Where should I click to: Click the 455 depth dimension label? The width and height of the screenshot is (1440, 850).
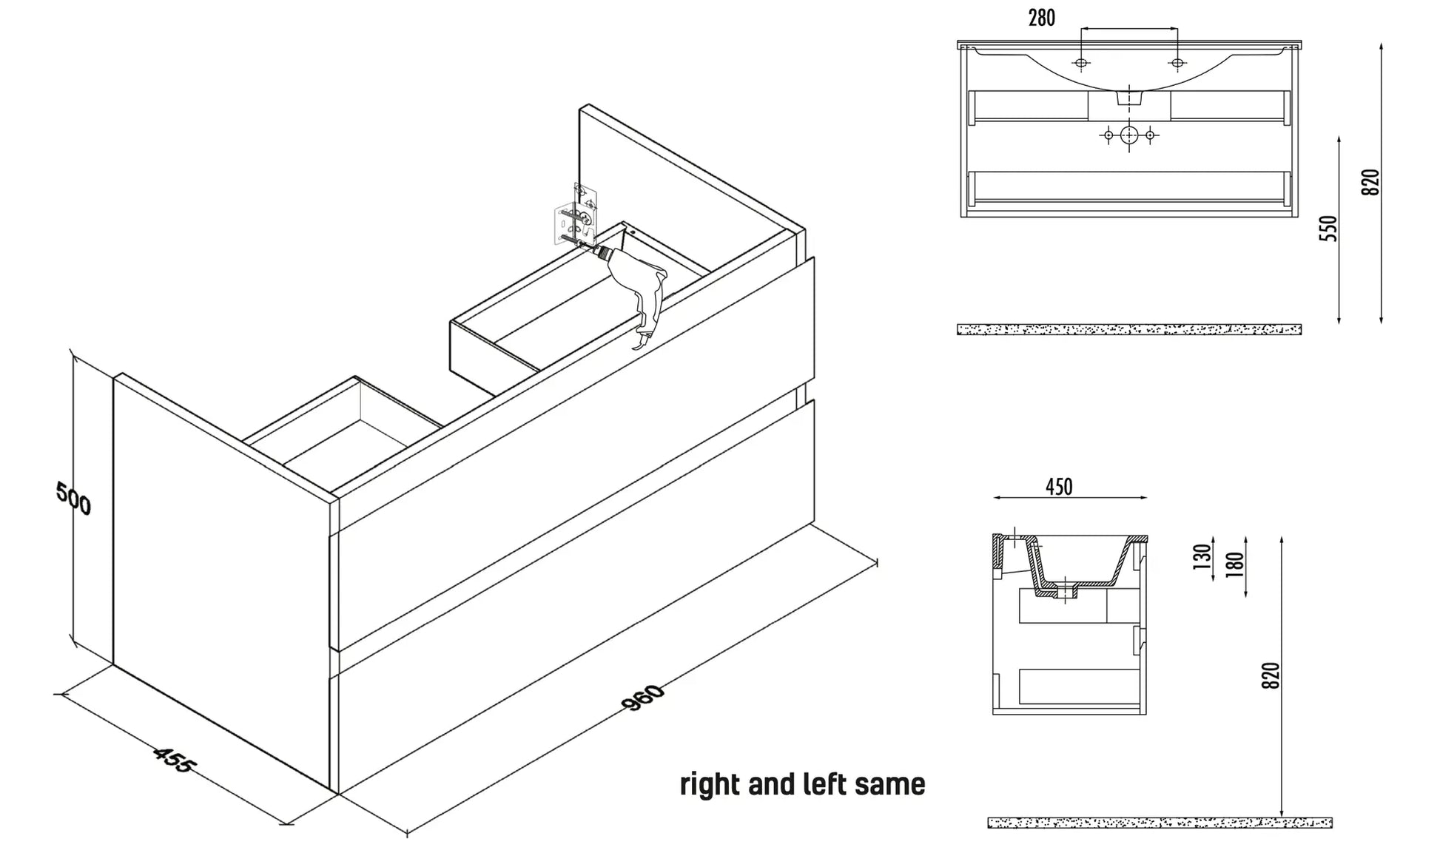pos(173,760)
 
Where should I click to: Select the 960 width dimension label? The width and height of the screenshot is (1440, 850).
pos(644,698)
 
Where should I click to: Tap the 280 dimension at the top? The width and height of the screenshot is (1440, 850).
pos(1041,18)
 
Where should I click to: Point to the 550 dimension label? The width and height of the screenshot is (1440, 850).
pos(1330,228)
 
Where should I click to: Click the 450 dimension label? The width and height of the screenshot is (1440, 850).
pos(1059,487)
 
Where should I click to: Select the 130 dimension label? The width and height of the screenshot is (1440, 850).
pos(1202,556)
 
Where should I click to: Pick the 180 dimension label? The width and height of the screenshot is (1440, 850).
pos(1235,564)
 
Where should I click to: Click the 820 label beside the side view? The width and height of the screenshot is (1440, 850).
pos(1270,675)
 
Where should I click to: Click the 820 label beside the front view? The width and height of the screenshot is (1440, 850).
pos(1370,182)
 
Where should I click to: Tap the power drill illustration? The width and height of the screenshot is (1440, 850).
pos(636,289)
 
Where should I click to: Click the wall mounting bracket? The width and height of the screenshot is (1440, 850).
pos(576,215)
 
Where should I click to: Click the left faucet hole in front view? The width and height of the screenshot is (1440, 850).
pos(1081,64)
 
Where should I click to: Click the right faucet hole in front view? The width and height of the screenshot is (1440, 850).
pos(1177,64)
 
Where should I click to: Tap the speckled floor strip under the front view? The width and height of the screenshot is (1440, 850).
pos(1128,329)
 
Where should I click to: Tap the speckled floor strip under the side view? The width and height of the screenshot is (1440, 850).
pos(1160,823)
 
